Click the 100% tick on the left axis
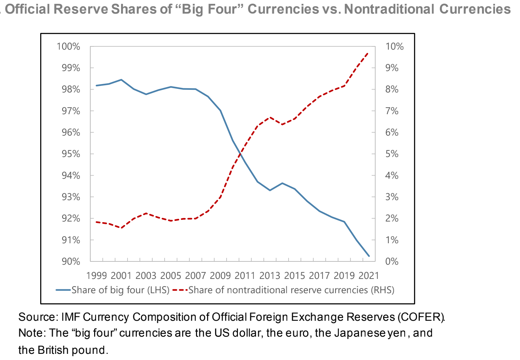coord(68,46)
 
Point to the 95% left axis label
coord(71,154)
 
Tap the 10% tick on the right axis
coord(394,46)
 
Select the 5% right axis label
coord(392,154)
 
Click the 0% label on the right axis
coord(392,261)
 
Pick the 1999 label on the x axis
coord(96,276)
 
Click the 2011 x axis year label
coord(245,276)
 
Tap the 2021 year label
coord(369,276)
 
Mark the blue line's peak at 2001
coord(121,79)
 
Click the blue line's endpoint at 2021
coord(369,256)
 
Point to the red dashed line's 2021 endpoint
coord(368,53)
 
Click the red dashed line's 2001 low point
coord(121,228)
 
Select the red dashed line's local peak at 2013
coord(270,117)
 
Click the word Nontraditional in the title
coord(389,9)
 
